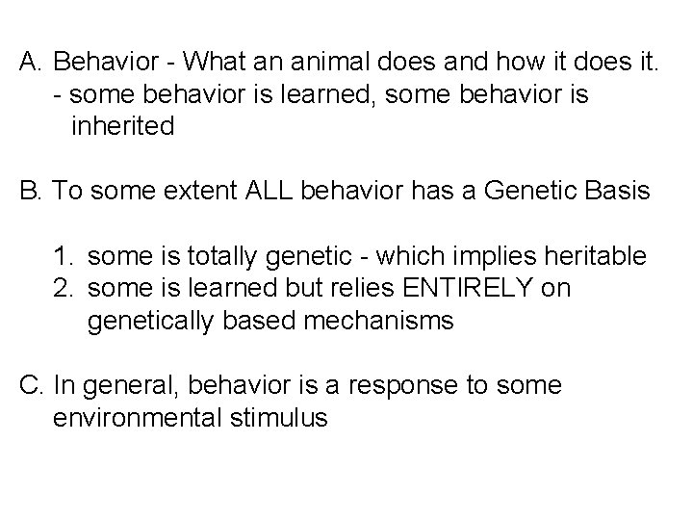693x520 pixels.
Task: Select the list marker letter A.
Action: click(x=30, y=63)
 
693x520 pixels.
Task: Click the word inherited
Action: click(x=122, y=126)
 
